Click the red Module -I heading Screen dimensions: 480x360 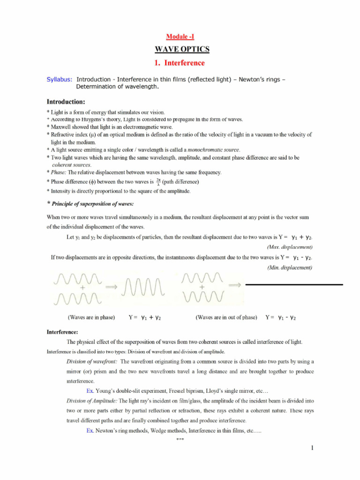click(x=180, y=37)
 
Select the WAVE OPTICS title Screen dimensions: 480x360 click(x=180, y=49)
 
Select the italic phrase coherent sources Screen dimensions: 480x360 click(x=71, y=165)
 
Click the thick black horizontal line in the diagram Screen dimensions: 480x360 click(x=294, y=285)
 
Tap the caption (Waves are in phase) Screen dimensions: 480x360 click(x=91, y=317)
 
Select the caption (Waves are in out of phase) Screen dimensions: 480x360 click(x=226, y=317)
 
